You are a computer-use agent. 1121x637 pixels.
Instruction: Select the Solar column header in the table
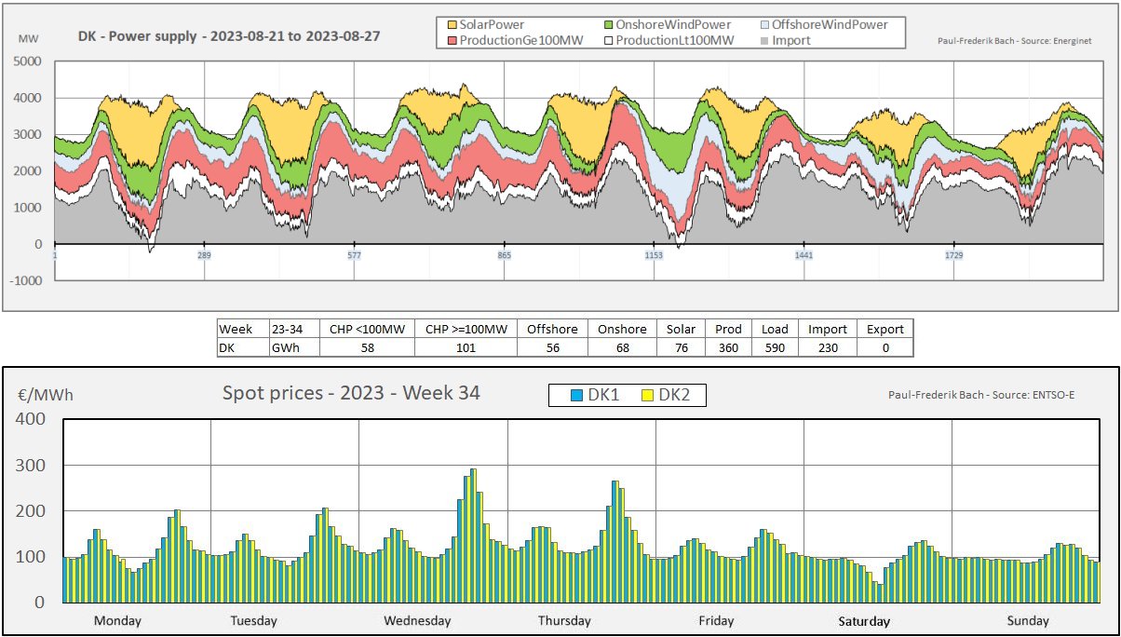pyautogui.click(x=682, y=329)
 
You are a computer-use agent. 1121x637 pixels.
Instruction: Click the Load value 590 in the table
pyautogui.click(x=774, y=347)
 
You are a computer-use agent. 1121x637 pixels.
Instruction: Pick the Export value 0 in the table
pyautogui.click(x=885, y=347)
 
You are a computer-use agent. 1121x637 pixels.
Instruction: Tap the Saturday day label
pyautogui.click(x=863, y=621)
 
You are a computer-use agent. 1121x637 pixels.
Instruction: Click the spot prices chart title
pyautogui.click(x=351, y=393)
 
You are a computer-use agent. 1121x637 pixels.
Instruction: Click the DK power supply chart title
pyautogui.click(x=229, y=36)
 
